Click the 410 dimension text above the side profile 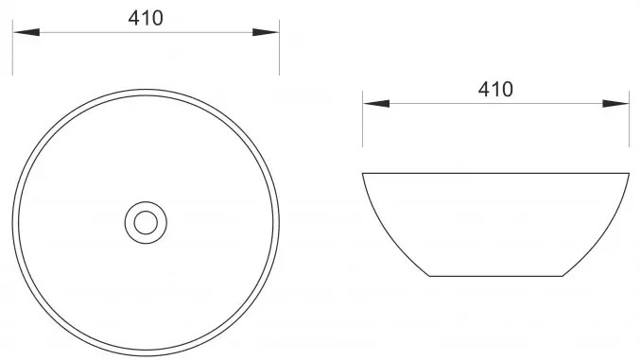click(x=495, y=90)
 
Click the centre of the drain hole click(x=146, y=222)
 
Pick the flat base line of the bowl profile click(x=495, y=276)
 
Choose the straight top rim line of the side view click(x=495, y=173)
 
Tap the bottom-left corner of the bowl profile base click(x=429, y=276)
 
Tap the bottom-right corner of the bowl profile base click(x=563, y=276)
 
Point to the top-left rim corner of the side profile click(x=364, y=173)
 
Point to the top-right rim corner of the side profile click(x=630, y=173)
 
